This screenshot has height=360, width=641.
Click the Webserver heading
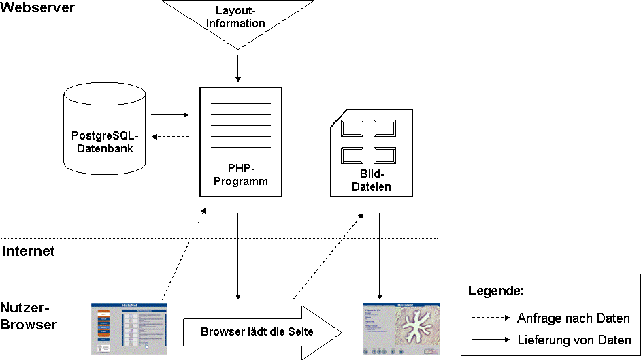point(37,8)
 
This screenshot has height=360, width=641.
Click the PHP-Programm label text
point(240,174)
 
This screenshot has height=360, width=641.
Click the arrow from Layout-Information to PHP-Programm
point(238,67)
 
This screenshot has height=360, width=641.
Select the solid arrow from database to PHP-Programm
point(169,114)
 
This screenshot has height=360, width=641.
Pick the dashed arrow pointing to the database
point(170,136)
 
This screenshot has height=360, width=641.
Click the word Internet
point(29,251)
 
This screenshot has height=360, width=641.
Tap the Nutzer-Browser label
point(29,316)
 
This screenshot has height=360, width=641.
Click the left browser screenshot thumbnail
point(129,329)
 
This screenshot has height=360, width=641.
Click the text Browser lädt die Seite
point(257,332)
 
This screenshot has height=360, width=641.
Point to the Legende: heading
point(496,291)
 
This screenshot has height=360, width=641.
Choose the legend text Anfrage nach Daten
point(574,318)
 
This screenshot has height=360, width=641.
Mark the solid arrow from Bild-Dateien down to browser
point(379,255)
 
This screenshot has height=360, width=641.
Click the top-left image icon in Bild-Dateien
point(352,127)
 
